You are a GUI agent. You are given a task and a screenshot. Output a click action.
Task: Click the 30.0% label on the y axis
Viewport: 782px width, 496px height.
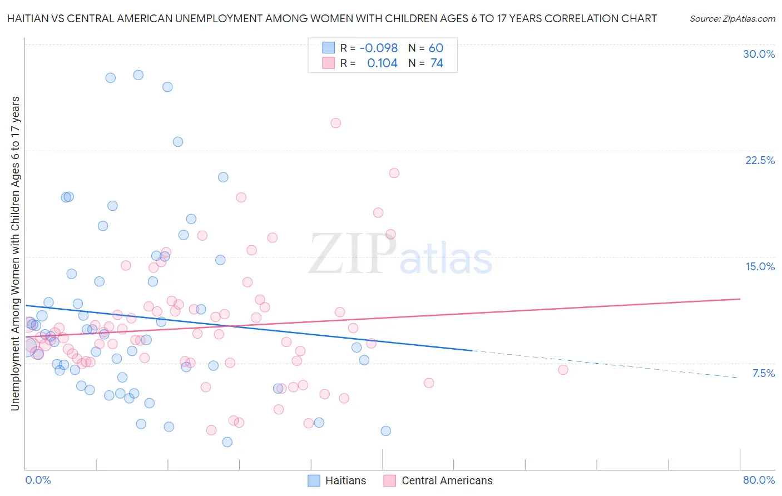pyautogui.click(x=759, y=54)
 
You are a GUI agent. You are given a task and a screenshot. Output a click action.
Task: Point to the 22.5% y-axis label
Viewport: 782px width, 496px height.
pyautogui.click(x=760, y=160)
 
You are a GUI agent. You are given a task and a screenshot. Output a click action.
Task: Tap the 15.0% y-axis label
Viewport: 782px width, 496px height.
pyautogui.click(x=760, y=266)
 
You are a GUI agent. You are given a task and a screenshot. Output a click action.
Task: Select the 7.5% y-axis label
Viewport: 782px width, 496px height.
pyautogui.click(x=763, y=373)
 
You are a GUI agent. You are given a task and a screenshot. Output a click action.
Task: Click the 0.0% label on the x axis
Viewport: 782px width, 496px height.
pyautogui.click(x=38, y=480)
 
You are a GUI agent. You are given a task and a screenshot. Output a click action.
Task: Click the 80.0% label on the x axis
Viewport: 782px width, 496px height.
pyautogui.click(x=759, y=480)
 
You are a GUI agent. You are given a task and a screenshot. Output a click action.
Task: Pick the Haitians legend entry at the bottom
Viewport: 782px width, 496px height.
pyautogui.click(x=337, y=480)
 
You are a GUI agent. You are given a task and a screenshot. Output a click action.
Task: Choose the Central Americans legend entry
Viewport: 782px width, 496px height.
pyautogui.click(x=438, y=480)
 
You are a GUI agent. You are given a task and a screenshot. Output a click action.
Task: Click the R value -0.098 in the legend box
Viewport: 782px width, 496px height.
pyautogui.click(x=378, y=48)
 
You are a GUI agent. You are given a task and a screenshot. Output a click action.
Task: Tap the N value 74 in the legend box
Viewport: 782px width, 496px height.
pyautogui.click(x=437, y=63)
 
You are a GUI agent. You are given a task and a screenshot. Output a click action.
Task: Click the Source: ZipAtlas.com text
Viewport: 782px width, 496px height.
pyautogui.click(x=732, y=18)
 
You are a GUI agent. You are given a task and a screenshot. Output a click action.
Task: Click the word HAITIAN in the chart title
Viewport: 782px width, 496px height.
pyautogui.click(x=31, y=18)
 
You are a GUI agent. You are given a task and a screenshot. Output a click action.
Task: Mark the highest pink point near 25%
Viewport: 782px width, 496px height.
pyautogui.click(x=335, y=123)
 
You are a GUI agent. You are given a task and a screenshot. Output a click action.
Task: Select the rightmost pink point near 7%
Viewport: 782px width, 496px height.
pyautogui.click(x=563, y=370)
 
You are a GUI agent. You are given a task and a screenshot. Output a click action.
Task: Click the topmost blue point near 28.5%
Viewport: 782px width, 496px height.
pyautogui.click(x=138, y=75)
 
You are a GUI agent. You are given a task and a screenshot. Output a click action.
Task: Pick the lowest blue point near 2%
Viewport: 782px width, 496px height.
pyautogui.click(x=227, y=442)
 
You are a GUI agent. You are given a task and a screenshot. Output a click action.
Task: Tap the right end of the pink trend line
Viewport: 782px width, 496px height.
pyautogui.click(x=739, y=299)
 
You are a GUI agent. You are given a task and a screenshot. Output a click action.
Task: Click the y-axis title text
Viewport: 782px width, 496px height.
pyautogui.click(x=15, y=253)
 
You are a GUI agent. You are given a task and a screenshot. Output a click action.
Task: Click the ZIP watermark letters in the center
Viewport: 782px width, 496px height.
pyautogui.click(x=352, y=254)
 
